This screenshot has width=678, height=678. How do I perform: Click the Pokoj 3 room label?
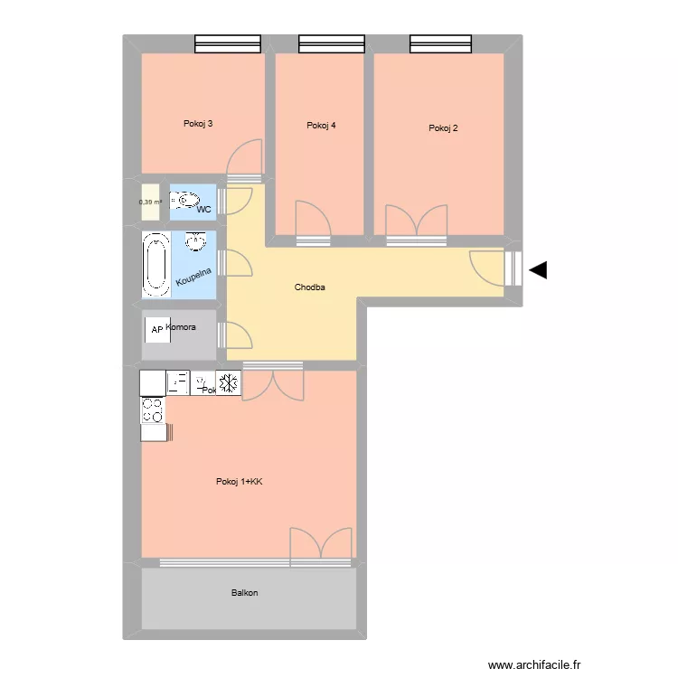198,124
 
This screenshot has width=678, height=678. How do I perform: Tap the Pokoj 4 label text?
321,126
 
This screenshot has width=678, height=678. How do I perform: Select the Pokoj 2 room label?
443,128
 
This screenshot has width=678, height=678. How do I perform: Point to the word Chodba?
309,287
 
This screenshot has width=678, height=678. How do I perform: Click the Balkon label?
244,593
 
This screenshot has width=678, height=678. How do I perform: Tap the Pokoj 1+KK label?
239,482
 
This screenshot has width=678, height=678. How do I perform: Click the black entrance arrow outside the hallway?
539,269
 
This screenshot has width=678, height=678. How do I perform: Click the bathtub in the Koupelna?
156,265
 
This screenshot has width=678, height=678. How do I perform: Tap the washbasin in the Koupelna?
195,240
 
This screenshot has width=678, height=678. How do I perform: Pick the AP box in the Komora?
156,330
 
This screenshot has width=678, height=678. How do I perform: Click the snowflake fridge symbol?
229,383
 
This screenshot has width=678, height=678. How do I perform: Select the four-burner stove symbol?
153,410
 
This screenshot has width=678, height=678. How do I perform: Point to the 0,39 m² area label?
150,202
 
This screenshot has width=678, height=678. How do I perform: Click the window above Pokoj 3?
228,43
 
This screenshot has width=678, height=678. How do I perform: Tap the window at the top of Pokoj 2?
441,43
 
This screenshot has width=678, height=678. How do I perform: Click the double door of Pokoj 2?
417,222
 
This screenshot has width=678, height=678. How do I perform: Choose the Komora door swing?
239,334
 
